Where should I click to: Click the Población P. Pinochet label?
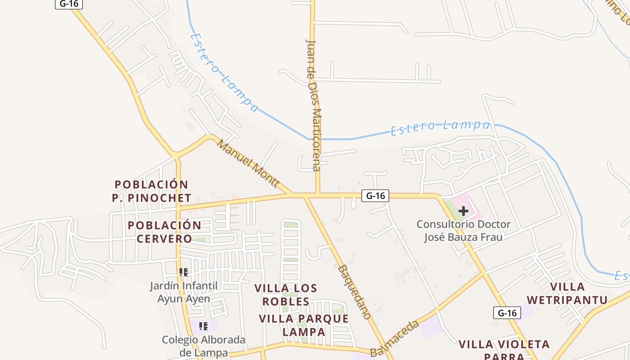pyautogui.click(x=151, y=191)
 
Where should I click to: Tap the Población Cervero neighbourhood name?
pyautogui.click(x=164, y=232)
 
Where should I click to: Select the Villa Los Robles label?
pyautogui.click(x=286, y=295)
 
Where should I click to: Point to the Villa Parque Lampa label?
pyautogui.click(x=304, y=325)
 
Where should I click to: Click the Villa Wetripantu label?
pyautogui.click(x=567, y=293)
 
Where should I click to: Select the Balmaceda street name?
pyautogui.click(x=395, y=338)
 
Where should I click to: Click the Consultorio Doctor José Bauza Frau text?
pyautogui.click(x=463, y=230)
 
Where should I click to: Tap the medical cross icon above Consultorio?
pyautogui.click(x=463, y=211)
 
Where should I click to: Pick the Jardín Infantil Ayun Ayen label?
pyautogui.click(x=184, y=292)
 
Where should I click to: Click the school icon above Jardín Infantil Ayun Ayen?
pyautogui.click(x=184, y=272)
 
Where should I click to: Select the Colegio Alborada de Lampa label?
pyautogui.click(x=203, y=346)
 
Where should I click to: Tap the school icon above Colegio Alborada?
pyautogui.click(x=203, y=326)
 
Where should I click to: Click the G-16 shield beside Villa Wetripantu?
pyautogui.click(x=507, y=313)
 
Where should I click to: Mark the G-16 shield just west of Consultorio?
pyautogui.click(x=375, y=196)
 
